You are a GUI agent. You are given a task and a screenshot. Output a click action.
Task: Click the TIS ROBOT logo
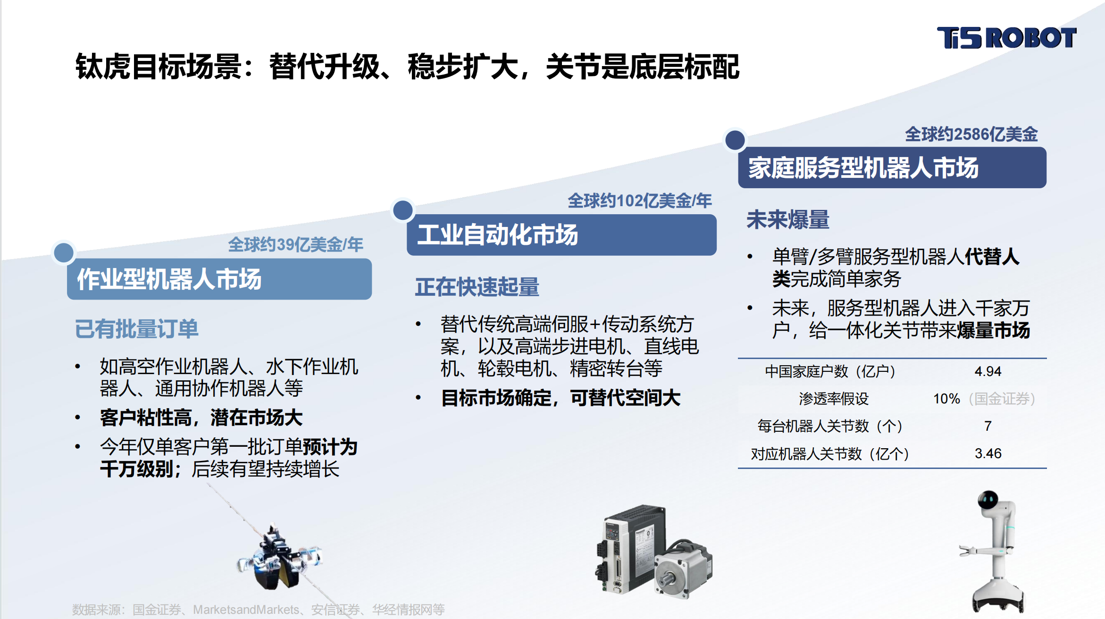(1006, 38)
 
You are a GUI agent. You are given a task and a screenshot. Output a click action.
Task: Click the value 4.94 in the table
(988, 371)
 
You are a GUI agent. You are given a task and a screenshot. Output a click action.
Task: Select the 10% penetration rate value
(946, 399)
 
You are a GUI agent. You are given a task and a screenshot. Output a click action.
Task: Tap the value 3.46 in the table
(988, 453)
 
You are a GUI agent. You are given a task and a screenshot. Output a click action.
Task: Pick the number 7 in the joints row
(988, 426)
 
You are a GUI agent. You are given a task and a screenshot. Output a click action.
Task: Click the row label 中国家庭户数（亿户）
(830, 371)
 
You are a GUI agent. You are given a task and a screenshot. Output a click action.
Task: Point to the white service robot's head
(988, 500)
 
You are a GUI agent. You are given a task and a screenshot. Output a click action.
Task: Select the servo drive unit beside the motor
(630, 550)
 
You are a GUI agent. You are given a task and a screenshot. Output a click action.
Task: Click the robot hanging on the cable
(278, 559)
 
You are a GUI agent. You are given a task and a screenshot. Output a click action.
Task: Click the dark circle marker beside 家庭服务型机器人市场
(735, 140)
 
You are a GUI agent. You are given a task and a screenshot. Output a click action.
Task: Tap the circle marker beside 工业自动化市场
(402, 210)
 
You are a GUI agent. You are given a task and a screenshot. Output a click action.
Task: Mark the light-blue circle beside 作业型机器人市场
(64, 253)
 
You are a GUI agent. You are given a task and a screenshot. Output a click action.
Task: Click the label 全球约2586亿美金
(971, 134)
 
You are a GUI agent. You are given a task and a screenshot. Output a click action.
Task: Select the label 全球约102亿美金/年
(639, 201)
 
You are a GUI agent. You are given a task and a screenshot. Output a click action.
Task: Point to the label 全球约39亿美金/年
(295, 244)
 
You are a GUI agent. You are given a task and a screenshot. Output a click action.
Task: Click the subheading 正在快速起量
(477, 287)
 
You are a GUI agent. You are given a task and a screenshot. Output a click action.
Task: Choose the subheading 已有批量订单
(137, 329)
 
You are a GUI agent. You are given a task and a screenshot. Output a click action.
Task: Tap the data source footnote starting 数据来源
(258, 610)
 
